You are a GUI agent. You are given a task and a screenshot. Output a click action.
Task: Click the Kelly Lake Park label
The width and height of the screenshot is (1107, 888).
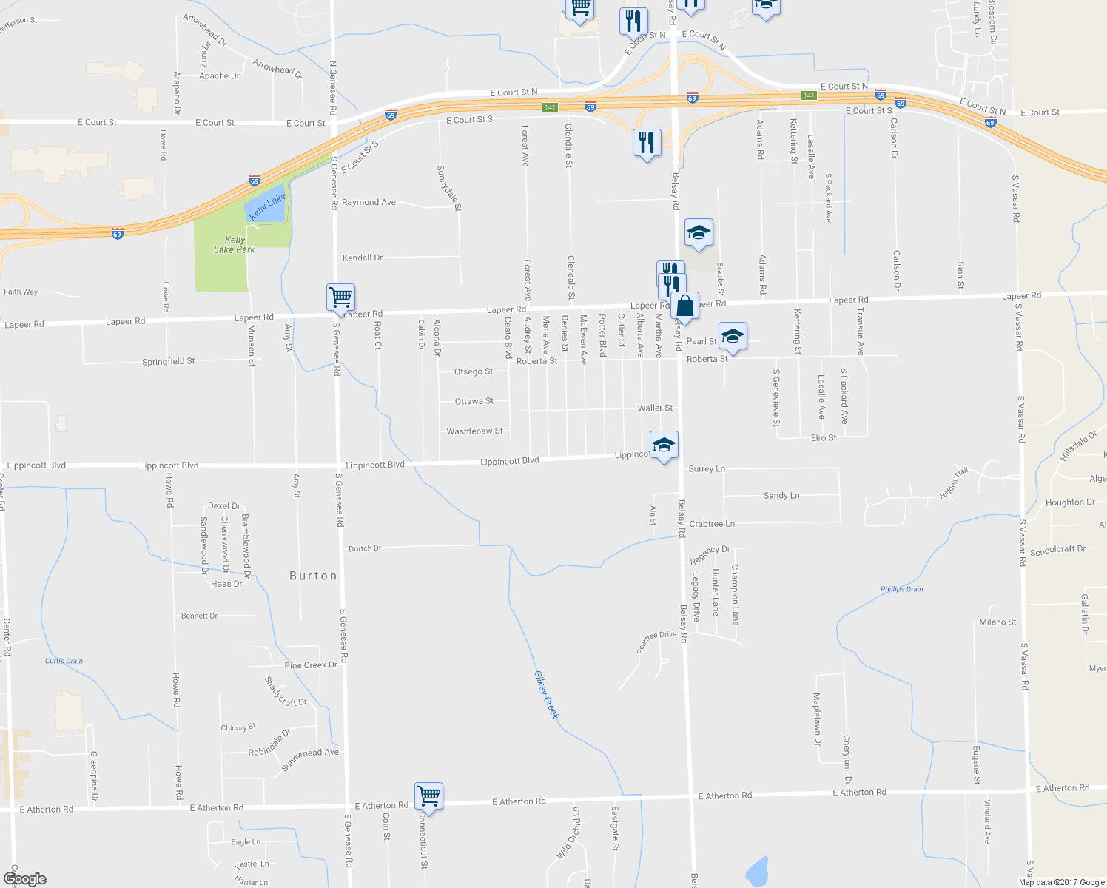coord(235,245)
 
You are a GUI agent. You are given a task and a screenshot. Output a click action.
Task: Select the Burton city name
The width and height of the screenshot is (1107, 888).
coord(313,576)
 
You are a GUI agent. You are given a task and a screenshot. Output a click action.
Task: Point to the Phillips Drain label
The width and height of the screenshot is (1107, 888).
coord(901,589)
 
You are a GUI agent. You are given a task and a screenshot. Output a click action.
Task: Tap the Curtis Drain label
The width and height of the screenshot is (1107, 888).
coord(64,661)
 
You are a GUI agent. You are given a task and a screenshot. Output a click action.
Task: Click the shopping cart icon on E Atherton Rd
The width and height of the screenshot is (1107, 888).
coord(428,797)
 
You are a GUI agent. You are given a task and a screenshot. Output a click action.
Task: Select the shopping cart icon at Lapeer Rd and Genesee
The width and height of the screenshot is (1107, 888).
coord(340,297)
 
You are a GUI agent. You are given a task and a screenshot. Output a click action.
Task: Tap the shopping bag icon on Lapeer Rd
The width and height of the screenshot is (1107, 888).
coord(685,306)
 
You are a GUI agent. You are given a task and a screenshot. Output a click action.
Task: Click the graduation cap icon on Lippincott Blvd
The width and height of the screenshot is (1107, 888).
coord(664,445)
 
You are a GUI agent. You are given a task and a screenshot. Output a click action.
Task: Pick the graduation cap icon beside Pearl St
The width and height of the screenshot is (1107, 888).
coord(732,337)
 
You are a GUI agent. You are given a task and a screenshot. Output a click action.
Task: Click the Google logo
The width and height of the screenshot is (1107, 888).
coord(24,879)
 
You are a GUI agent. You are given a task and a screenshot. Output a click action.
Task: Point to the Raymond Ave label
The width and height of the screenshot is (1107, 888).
coord(369,202)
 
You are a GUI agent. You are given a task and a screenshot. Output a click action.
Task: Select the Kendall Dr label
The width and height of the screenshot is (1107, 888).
coord(363,258)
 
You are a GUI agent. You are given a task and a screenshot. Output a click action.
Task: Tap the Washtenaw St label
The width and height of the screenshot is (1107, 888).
coord(474,431)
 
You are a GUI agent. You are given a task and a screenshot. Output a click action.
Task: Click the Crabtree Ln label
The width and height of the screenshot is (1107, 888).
coord(712,524)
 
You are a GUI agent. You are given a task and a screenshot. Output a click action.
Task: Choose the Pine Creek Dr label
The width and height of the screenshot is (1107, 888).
coord(311,665)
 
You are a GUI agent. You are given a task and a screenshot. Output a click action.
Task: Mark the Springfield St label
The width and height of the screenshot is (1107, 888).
coord(169,362)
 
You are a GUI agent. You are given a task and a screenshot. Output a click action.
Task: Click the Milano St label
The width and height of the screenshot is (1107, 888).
coord(997,622)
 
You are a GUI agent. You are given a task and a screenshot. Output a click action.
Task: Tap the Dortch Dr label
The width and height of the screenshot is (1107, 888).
coord(365,548)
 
